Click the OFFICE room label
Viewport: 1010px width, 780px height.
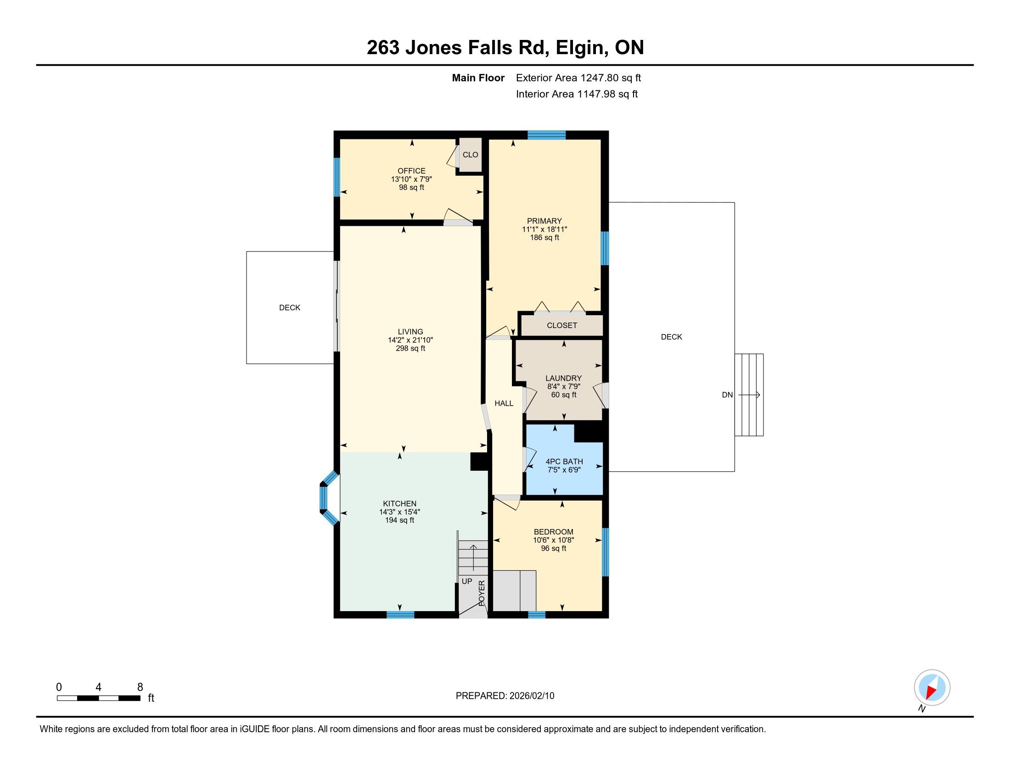click(411, 171)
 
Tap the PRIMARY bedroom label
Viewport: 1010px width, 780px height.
click(544, 221)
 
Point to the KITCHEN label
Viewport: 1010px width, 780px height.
click(399, 504)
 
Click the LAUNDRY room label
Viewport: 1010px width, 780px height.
click(563, 378)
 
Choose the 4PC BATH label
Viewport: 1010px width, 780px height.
click(564, 461)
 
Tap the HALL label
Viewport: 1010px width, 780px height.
click(504, 403)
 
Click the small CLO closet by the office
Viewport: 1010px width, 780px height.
click(470, 155)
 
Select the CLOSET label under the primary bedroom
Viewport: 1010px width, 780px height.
click(562, 325)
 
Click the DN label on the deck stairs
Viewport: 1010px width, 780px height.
click(728, 395)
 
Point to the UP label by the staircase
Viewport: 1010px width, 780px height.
click(467, 581)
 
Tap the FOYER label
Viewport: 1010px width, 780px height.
click(482, 593)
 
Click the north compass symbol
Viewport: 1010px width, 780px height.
click(932, 688)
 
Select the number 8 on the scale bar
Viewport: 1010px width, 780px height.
click(140, 687)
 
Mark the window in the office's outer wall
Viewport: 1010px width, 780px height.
click(337, 177)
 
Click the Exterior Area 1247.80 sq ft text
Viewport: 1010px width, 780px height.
click(578, 78)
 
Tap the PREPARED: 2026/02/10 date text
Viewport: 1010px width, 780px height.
click(505, 696)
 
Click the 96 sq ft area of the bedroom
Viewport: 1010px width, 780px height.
click(554, 548)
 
